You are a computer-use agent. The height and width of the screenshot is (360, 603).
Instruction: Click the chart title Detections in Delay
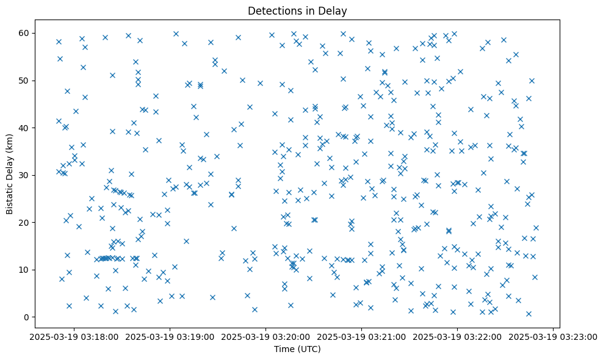[297, 10]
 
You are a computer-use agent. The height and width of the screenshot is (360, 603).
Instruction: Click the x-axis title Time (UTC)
[297, 349]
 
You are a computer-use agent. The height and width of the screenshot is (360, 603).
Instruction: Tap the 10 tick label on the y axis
[26, 270]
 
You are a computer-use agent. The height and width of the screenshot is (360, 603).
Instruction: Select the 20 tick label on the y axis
[26, 223]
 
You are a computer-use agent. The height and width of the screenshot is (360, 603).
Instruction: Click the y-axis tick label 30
[26, 175]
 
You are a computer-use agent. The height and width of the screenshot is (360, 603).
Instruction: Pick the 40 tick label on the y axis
[26, 128]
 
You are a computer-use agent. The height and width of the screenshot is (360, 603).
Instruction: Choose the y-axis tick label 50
[26, 81]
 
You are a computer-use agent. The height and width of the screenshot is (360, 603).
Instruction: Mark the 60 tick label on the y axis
[26, 33]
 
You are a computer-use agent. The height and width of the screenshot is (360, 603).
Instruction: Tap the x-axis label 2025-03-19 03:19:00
[170, 336]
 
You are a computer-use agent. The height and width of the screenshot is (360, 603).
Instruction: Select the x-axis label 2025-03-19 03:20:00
[265, 336]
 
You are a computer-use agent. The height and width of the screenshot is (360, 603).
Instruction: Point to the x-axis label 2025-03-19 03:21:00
[361, 336]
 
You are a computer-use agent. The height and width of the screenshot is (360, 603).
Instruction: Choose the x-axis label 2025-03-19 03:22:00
[457, 336]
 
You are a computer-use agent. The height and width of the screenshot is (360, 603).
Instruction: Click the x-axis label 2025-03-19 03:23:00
[553, 336]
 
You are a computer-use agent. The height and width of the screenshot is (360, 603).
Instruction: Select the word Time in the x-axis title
[284, 349]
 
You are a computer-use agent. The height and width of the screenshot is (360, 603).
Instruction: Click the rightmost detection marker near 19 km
[536, 228]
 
